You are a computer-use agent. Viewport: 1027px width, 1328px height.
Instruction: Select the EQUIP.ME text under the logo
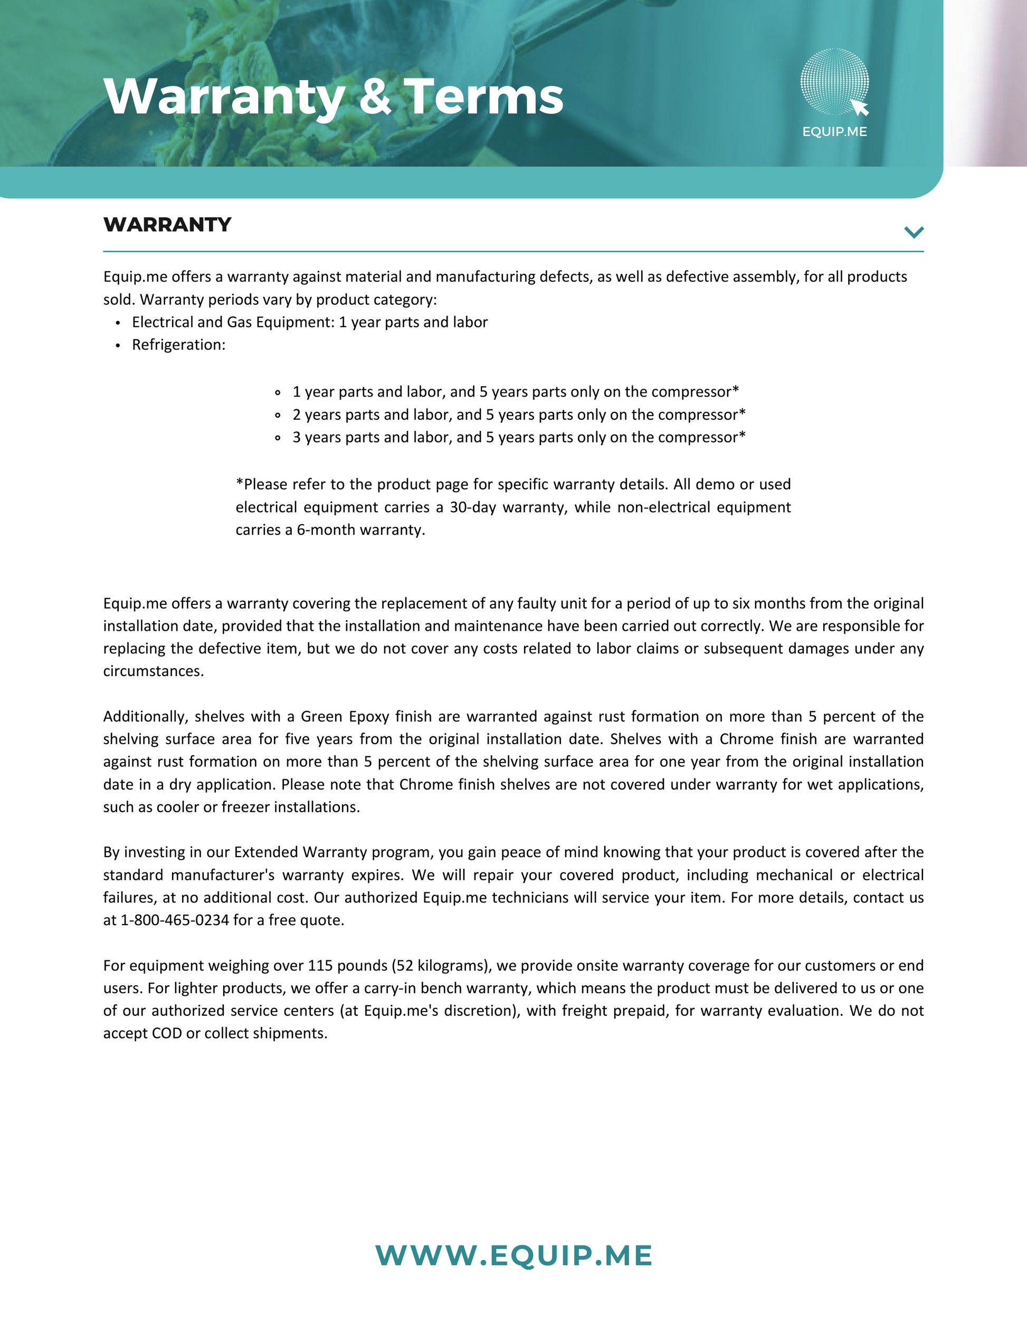834,132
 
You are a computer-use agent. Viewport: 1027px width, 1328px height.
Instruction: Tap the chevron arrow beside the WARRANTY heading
913,232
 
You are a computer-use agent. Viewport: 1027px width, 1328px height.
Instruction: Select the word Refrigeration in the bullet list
176,345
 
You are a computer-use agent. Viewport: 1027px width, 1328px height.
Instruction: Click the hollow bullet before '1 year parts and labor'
278,392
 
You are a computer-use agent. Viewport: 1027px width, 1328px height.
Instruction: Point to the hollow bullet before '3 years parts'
278,438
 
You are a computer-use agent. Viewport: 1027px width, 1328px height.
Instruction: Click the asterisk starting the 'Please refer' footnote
239,484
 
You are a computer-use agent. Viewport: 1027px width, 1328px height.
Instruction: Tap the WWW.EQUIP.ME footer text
513,1256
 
